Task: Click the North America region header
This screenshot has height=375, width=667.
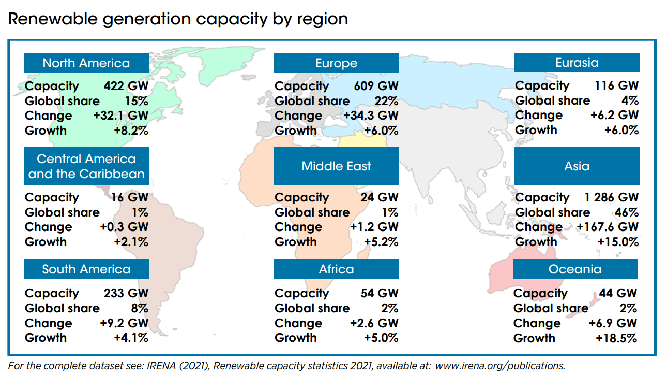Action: (86, 63)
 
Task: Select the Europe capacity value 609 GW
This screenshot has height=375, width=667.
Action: (376, 86)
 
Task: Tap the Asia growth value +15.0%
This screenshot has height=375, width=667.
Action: (618, 242)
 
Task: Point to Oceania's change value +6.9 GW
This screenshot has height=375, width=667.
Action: (613, 323)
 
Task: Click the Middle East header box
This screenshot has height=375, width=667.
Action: (336, 166)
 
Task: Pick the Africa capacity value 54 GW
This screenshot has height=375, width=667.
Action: (380, 293)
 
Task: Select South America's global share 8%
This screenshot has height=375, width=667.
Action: (139, 308)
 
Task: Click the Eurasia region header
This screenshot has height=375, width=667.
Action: (577, 63)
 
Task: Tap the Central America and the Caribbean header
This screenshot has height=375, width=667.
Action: (86, 166)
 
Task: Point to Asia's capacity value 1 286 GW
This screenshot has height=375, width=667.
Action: (612, 197)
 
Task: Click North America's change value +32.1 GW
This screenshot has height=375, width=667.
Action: (121, 116)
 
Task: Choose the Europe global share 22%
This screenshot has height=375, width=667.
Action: (386, 101)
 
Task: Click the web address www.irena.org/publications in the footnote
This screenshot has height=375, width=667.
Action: (499, 366)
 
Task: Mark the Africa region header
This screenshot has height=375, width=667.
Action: (336, 269)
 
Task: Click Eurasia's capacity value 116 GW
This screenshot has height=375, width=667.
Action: (617, 85)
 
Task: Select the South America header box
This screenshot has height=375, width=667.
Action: (86, 269)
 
